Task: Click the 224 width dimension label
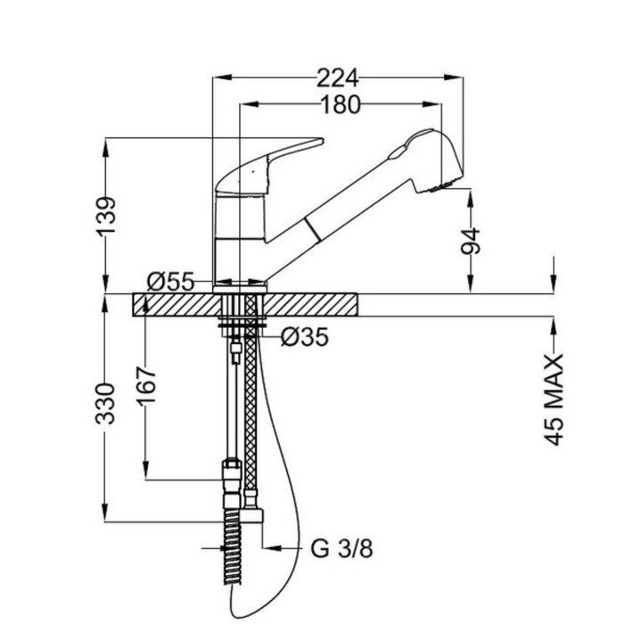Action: (338, 78)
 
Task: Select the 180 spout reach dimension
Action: (341, 104)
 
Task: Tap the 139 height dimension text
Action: (106, 216)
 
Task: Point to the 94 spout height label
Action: (471, 241)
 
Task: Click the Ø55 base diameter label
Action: (170, 282)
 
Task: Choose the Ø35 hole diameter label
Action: (305, 337)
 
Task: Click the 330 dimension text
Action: (106, 404)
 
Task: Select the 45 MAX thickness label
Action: (554, 399)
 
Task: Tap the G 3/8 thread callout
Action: (341, 549)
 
